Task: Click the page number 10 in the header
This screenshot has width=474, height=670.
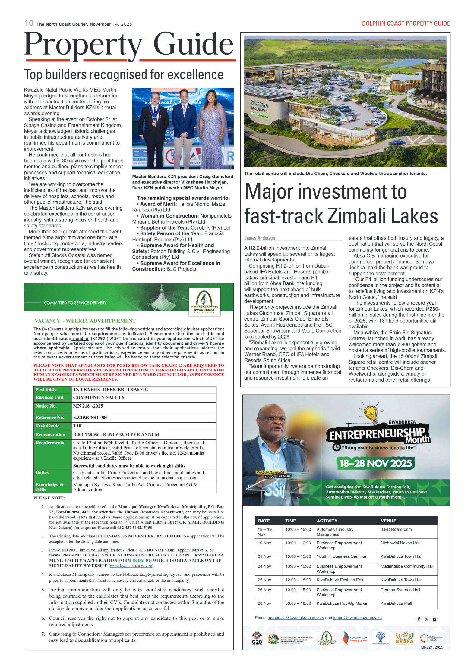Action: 29,23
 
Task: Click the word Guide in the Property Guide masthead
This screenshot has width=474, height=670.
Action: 193,44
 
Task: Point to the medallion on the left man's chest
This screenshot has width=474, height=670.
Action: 154,123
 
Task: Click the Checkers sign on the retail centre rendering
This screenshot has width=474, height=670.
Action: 258,104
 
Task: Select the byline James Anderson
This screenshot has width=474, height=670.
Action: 259,238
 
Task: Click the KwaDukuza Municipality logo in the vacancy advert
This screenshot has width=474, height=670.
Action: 204,302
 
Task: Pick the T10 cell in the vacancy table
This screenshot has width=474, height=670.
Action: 77,426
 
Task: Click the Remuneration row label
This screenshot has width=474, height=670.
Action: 50,434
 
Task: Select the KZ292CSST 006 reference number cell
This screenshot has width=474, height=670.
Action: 90,417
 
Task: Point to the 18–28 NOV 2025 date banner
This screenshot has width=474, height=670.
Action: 375,463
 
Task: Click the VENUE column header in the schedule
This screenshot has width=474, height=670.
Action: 388,521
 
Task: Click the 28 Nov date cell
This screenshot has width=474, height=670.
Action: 264,603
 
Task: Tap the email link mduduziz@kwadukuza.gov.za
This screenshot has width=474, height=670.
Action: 295,618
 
